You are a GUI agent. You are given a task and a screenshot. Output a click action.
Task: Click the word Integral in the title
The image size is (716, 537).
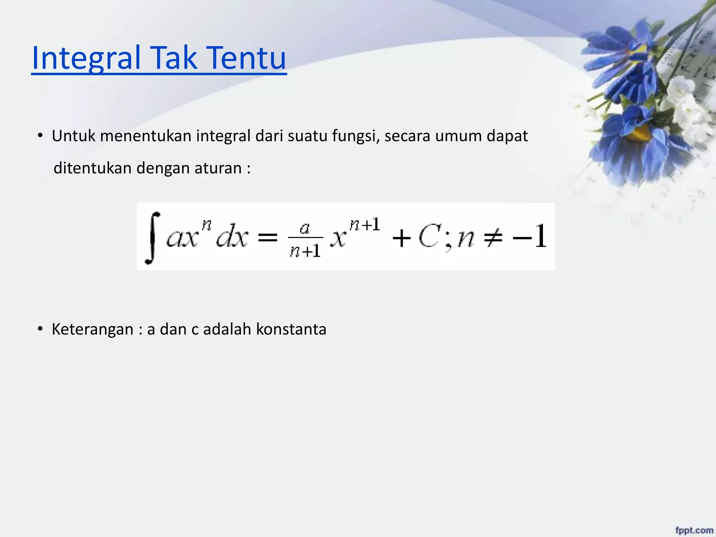86,58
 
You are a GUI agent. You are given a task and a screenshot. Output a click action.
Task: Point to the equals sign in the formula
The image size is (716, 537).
267,238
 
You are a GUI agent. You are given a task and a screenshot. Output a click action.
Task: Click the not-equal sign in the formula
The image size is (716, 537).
493,238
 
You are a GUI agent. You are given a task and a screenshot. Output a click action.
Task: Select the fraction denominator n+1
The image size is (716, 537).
305,251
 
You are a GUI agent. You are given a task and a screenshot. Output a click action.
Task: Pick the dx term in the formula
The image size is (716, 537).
232,237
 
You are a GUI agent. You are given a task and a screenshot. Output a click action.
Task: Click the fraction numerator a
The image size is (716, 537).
305,228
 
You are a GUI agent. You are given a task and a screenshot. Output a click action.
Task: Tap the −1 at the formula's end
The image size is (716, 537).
530,236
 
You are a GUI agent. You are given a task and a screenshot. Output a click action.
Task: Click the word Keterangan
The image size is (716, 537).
93,329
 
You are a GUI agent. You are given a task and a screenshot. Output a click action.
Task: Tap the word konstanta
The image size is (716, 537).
291,329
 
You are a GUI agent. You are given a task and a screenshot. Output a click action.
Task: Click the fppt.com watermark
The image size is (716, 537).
694,530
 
